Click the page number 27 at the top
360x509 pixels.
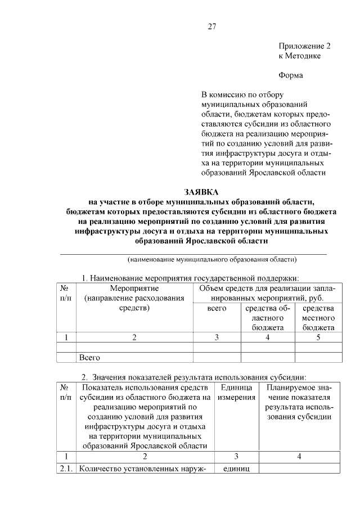pos(212,26)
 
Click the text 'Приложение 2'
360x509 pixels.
pos(305,47)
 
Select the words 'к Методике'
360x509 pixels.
pos(300,57)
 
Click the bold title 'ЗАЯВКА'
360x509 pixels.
pos(201,192)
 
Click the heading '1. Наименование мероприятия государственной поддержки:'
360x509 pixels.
pos(190,278)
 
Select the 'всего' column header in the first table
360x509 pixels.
pos(217,309)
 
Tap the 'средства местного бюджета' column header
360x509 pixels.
pos(318,318)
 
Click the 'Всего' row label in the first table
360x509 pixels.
pos(89,357)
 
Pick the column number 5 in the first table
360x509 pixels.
pos(318,337)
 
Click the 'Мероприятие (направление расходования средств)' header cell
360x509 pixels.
pos(134,299)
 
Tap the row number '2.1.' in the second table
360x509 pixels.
pos(66,469)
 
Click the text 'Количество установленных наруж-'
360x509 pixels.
pos(144,469)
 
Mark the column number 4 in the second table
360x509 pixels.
pos(299,457)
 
